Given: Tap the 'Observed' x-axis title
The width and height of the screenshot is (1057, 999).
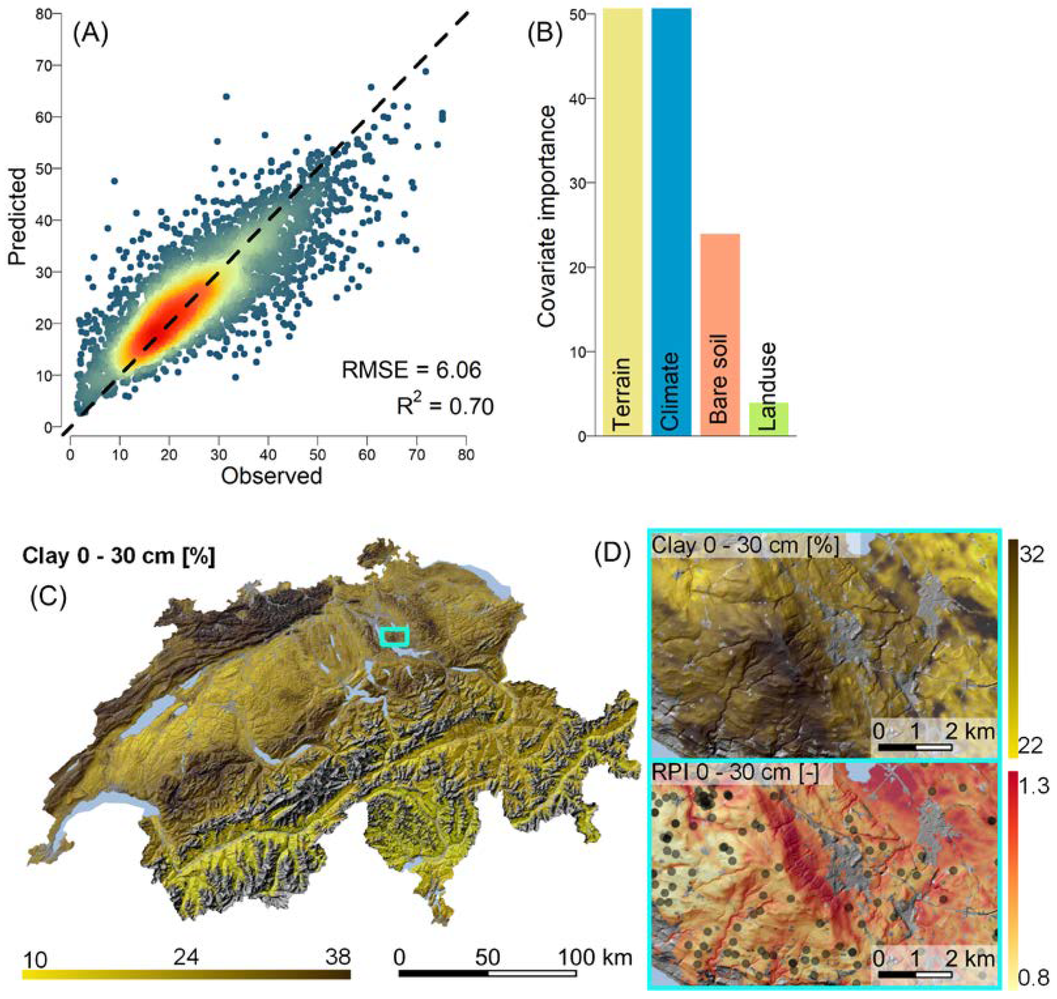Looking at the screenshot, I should tap(272, 476).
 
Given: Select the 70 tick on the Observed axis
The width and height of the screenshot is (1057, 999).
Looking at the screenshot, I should tap(417, 455).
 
